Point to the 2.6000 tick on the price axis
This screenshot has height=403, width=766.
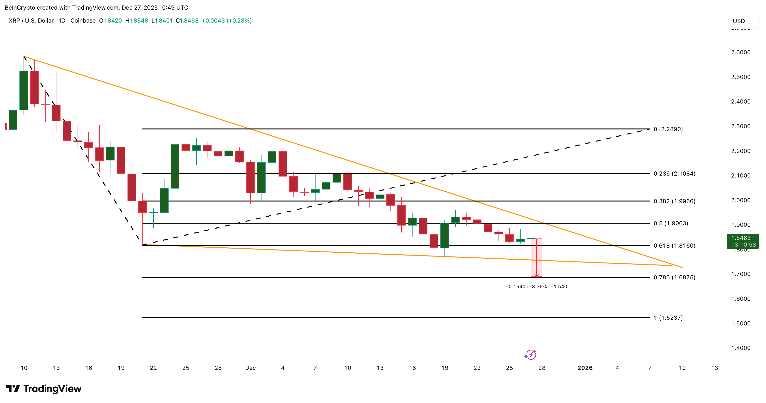tap(741, 52)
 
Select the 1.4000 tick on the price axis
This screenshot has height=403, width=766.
tap(741, 348)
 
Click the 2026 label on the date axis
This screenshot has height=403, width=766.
tap(585, 368)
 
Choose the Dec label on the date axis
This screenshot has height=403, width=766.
tap(250, 368)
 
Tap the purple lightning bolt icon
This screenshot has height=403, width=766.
tap(530, 355)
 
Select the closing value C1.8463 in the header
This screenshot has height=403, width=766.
tap(187, 20)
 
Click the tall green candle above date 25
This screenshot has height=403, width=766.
tap(175, 166)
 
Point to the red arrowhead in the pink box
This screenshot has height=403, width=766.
tap(536, 276)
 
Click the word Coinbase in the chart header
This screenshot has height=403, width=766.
tap(83, 20)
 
